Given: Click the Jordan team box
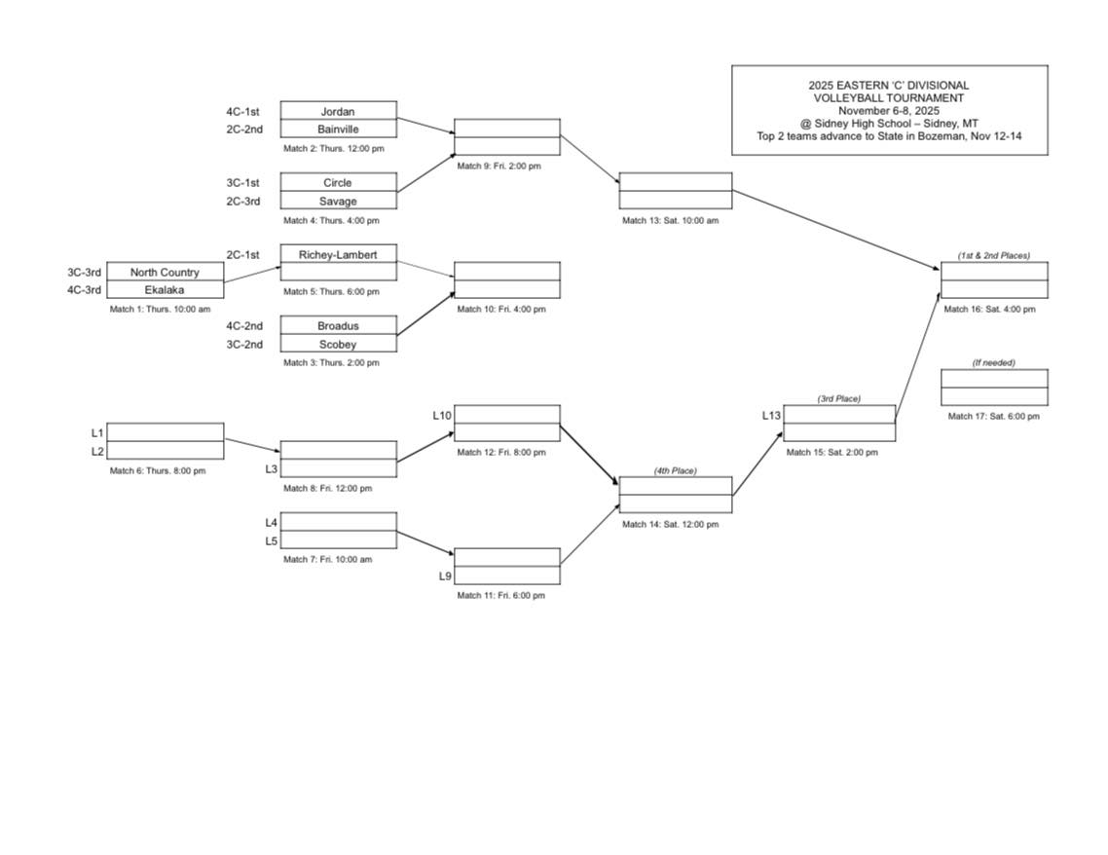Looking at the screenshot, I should pyautogui.click(x=338, y=111).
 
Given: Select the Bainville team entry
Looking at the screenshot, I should pyautogui.click(x=338, y=129).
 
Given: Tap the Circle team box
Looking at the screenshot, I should pyautogui.click(x=338, y=182).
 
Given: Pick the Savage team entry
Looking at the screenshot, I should pyautogui.click(x=338, y=201).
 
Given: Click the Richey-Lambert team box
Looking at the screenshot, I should pyautogui.click(x=338, y=254).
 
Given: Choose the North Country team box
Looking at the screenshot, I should pyautogui.click(x=165, y=272).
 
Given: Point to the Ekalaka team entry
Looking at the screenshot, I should pyautogui.click(x=165, y=289).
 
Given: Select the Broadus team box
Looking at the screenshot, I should pyautogui.click(x=338, y=325).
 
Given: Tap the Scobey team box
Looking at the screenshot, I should pyautogui.click(x=338, y=344).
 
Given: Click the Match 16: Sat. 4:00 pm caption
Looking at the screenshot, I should pyautogui.click(x=989, y=310).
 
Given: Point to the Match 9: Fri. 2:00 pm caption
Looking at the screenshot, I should pyautogui.click(x=499, y=167).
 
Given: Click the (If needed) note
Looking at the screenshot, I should pyautogui.click(x=993, y=363).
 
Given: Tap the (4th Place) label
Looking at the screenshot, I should pyautogui.click(x=675, y=471).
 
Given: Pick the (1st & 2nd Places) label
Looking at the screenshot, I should pyautogui.click(x=993, y=256).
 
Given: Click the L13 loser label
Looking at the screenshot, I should pyautogui.click(x=771, y=415).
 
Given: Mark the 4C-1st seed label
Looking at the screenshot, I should pyautogui.click(x=242, y=111).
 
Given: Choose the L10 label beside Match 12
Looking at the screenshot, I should pyautogui.click(x=442, y=415).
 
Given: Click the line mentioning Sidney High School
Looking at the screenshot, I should pyautogui.click(x=889, y=124).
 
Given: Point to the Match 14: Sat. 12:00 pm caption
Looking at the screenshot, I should pyautogui.click(x=670, y=524).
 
